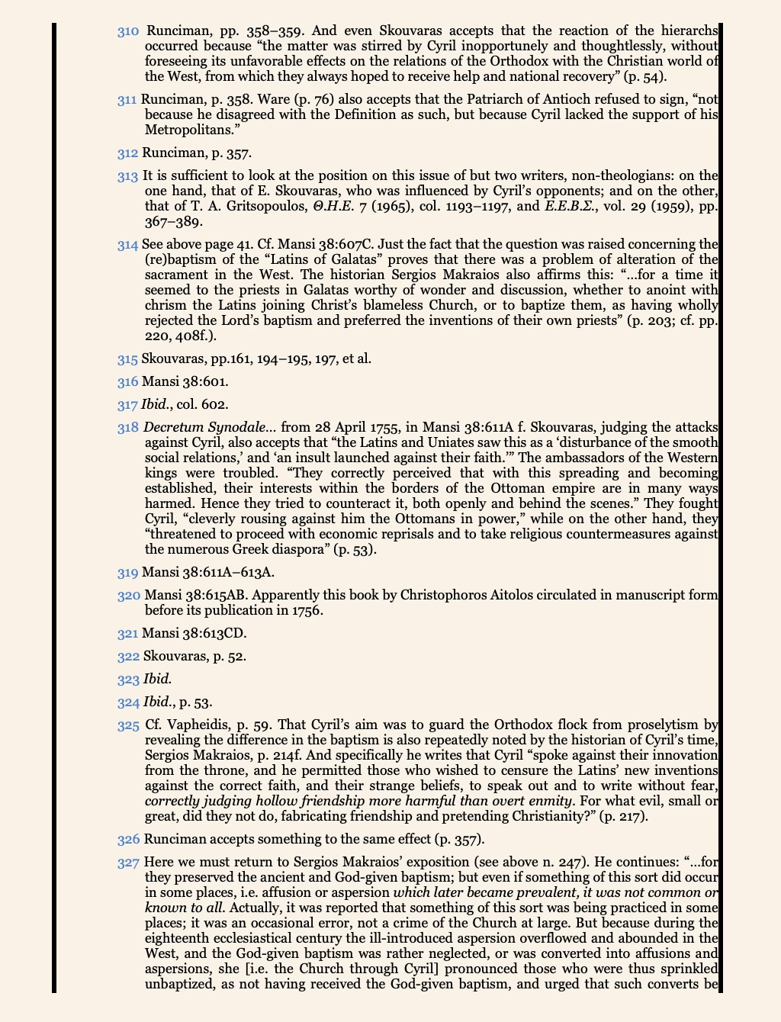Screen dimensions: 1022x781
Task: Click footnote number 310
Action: (128, 31)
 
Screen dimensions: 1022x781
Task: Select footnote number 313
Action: (128, 176)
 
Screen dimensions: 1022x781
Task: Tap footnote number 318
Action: (128, 428)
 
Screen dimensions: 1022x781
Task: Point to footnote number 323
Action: (128, 680)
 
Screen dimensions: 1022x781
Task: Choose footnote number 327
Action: (128, 863)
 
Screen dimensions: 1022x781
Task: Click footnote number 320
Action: (128, 596)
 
